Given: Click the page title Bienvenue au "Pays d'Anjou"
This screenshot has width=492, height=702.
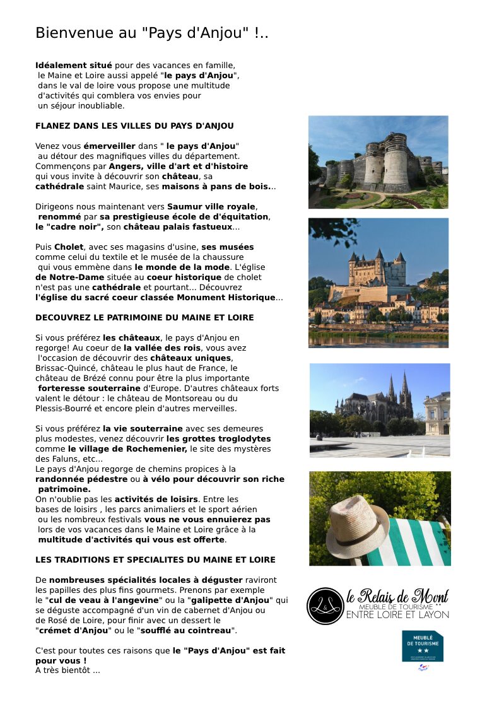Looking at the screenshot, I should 151,33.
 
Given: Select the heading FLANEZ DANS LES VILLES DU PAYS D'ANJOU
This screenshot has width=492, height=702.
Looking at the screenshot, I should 134,126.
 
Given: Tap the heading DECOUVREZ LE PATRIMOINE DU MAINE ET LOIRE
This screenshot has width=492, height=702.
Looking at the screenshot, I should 144,317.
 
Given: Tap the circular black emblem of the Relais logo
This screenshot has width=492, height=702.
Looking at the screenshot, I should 325,605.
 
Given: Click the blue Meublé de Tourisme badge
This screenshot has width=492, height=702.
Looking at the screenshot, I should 423,646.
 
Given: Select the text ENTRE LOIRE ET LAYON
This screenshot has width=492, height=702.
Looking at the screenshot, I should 397,615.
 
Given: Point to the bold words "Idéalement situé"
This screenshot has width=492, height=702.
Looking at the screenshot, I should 74,65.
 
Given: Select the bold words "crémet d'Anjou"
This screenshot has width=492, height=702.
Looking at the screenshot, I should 73,630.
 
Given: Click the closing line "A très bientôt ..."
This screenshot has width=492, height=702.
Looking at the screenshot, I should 67,670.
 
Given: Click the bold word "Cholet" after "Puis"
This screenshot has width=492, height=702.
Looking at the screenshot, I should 68,247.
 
